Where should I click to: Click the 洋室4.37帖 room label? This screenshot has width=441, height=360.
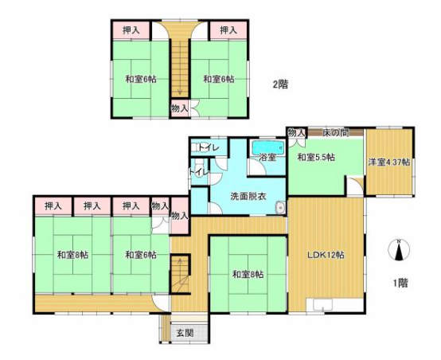[388, 162]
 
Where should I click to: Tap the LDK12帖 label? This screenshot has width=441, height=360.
[326, 256]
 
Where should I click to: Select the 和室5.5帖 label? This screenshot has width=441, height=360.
[316, 158]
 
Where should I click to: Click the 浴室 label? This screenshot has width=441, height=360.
[267, 158]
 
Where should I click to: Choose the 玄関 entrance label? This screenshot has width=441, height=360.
[185, 333]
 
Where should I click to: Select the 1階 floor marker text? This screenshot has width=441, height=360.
[401, 282]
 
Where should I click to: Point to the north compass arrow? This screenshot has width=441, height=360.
[396, 250]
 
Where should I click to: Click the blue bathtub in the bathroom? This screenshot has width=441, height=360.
[267, 147]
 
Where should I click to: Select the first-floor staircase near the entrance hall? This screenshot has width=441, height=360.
[181, 270]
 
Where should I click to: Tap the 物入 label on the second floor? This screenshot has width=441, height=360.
[180, 108]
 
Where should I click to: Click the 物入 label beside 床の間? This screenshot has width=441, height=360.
[296, 132]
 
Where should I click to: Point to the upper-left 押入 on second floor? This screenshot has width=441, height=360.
[131, 30]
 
